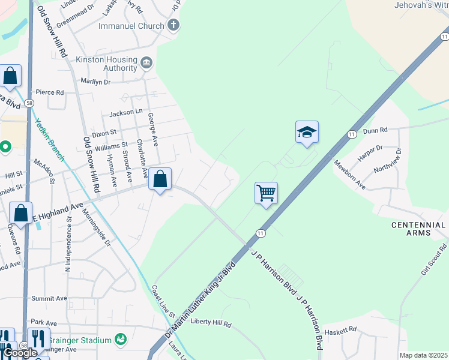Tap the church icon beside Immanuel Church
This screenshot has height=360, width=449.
click(173, 25)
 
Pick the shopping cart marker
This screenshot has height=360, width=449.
click(266, 193)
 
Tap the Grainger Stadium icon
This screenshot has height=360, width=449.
click(121, 340)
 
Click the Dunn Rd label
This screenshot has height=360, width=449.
click(376, 129)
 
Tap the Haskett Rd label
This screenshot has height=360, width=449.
click(340, 329)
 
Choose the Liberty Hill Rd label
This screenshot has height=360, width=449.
click(211, 322)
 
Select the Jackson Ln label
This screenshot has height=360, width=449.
click(126, 113)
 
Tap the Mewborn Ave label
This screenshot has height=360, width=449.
click(350, 175)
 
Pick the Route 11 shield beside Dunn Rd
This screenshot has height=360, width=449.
click(351, 134)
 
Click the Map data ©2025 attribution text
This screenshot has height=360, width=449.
click(423, 355)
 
